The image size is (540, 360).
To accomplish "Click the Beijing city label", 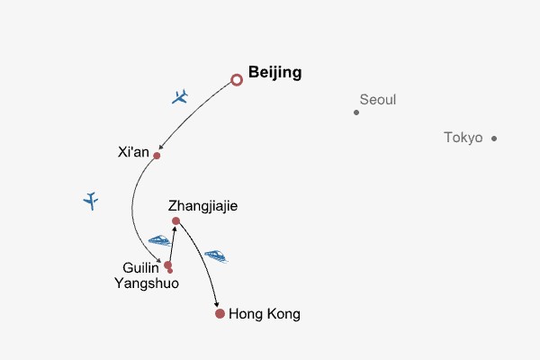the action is (x=274, y=73).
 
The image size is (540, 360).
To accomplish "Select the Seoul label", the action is (x=378, y=100).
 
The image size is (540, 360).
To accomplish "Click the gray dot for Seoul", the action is (x=356, y=112).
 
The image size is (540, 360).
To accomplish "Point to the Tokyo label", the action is (x=463, y=138).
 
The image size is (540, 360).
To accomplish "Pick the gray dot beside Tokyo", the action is (x=494, y=139).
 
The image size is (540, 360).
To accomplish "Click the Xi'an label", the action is (x=133, y=152).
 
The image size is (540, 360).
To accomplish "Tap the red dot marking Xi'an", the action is (x=157, y=156).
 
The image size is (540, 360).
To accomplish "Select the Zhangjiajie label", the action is (x=202, y=206).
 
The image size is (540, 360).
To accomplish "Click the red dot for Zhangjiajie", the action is (x=175, y=220).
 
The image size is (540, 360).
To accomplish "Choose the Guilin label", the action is (x=140, y=267).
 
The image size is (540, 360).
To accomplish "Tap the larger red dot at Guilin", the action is (x=167, y=265).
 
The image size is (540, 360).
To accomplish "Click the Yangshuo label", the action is (x=147, y=283).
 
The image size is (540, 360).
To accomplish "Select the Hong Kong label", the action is (x=265, y=314).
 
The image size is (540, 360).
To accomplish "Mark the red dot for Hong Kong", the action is (x=220, y=313).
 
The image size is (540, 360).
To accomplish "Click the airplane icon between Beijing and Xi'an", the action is (x=180, y=96).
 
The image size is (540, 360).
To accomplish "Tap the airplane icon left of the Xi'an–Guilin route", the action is (x=91, y=201).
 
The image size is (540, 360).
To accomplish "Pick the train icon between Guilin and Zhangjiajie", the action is (x=160, y=240).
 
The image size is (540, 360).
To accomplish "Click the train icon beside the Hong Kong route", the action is (x=216, y=256).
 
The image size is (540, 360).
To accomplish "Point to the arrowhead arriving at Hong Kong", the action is (x=216, y=304).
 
